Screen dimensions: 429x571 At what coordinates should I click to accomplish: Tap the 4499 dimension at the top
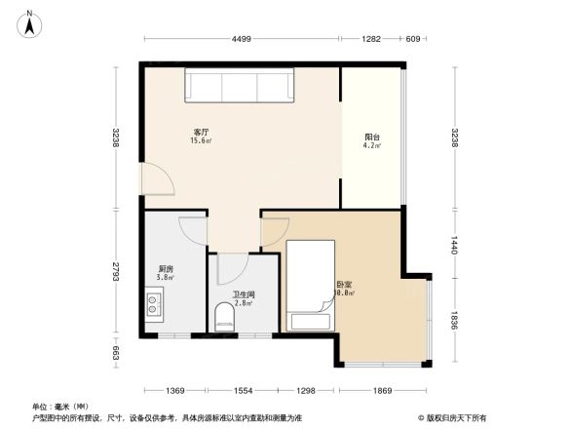coord(243,39)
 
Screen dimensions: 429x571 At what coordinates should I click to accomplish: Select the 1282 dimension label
coord(371,39)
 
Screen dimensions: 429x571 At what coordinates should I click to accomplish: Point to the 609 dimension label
coord(412,39)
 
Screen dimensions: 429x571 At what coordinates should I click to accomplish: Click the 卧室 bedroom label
coord(344,286)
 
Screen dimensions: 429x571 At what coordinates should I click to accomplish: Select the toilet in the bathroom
coord(225,317)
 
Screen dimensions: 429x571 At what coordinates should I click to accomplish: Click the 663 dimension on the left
coord(115,351)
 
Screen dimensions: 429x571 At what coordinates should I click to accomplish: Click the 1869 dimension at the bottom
coord(382,390)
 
